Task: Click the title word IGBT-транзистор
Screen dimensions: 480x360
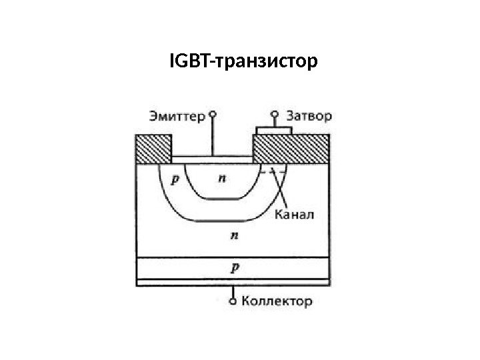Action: coord(244,63)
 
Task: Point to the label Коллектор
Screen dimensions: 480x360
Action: coord(276,301)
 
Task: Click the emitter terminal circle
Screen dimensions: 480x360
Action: coord(213,114)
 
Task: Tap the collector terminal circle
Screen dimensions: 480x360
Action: coord(233,301)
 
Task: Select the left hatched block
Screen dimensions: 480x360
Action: coord(153,149)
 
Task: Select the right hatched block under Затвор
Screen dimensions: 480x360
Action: coord(291,149)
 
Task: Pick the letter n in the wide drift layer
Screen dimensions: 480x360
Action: coord(233,235)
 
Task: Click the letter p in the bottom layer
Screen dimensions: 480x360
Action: coord(233,267)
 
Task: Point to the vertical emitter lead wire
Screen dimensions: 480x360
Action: coord(213,137)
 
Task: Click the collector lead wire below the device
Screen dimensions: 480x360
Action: coord(233,292)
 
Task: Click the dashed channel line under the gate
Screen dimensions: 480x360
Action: coord(273,172)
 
